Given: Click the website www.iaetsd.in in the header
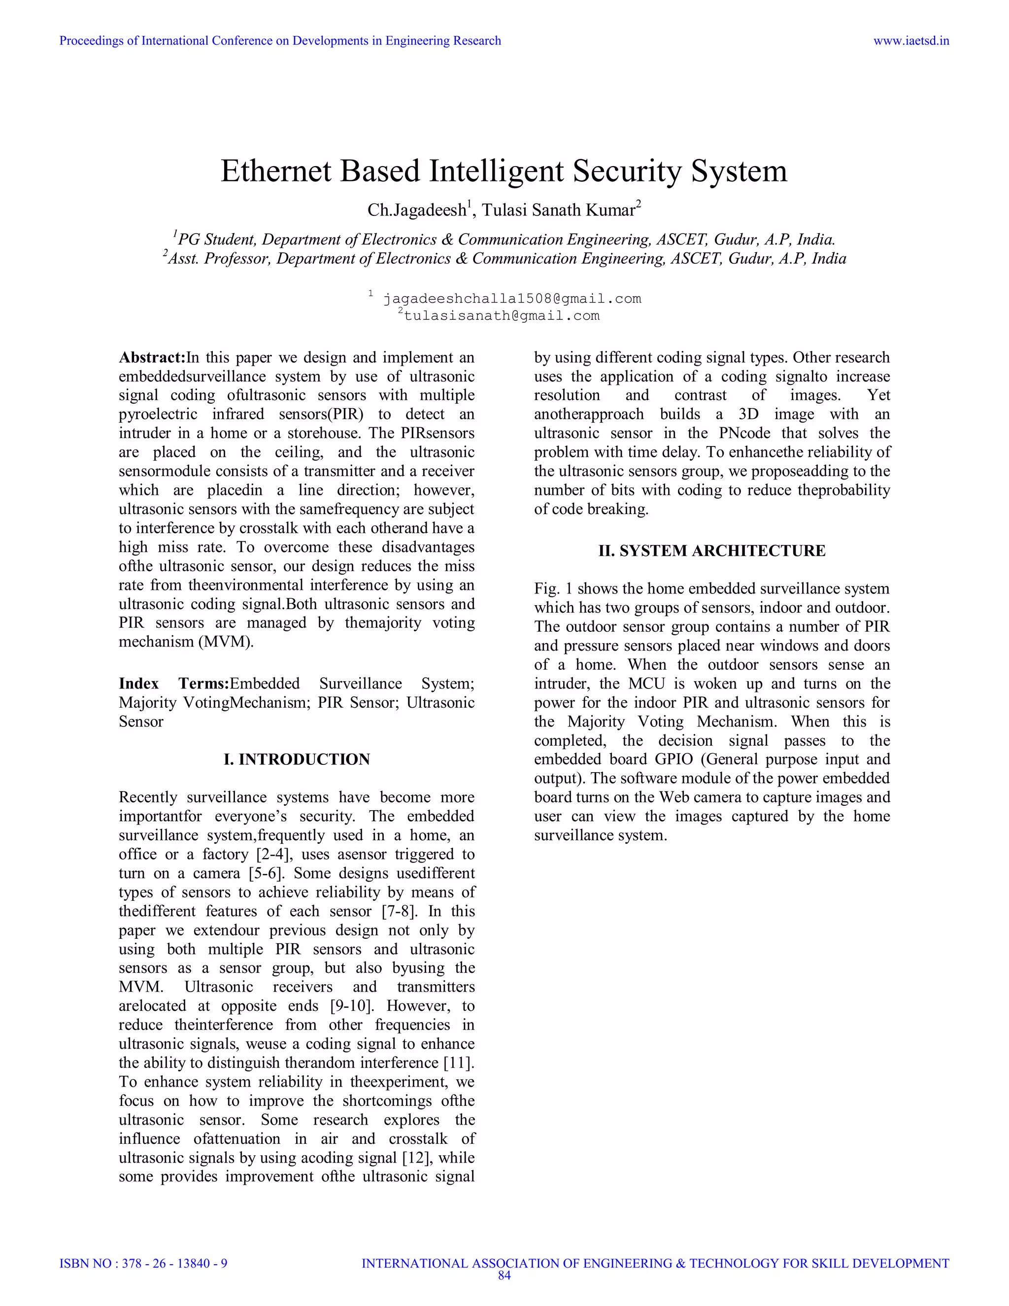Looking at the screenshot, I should (x=911, y=41).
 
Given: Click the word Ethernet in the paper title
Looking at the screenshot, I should (x=276, y=171).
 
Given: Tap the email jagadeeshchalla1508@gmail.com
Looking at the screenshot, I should (x=512, y=298).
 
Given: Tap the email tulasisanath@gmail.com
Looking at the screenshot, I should (x=502, y=316).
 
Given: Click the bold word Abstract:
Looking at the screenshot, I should (x=152, y=358).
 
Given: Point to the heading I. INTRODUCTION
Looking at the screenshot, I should (x=297, y=759).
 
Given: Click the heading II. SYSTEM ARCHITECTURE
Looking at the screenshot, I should (x=712, y=551).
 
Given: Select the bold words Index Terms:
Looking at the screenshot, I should (x=174, y=684).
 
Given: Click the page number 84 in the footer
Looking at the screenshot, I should (x=504, y=1275).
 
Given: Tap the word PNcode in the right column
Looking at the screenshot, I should (x=744, y=433).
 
